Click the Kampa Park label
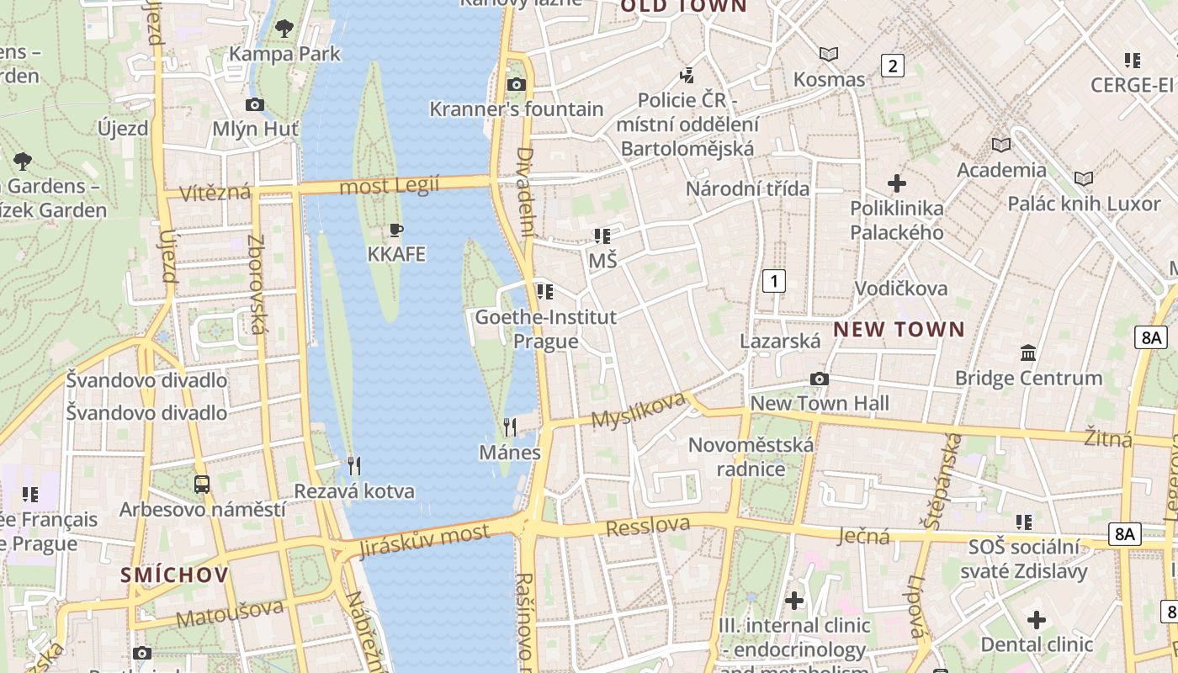[284, 54]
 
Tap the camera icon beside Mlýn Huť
[254, 105]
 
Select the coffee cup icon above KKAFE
[396, 230]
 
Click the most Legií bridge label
[389, 186]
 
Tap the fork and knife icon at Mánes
[509, 427]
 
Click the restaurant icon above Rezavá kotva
[354, 465]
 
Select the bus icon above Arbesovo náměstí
[202, 485]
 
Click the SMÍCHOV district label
[174, 575]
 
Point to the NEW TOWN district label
[899, 330]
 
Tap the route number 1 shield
[773, 281]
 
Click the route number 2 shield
[892, 66]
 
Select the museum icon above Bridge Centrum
[1027, 353]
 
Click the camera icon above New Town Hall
[819, 379]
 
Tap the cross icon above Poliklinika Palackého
[897, 183]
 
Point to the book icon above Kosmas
[829, 55]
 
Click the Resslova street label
[648, 527]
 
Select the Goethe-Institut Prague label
[546, 329]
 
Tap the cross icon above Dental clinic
[1037, 621]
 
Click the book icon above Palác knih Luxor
[1084, 178]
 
